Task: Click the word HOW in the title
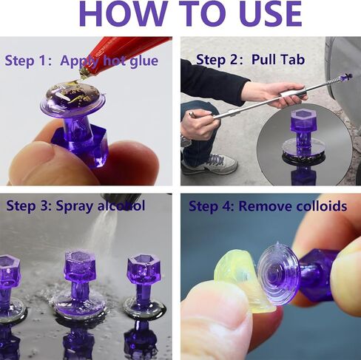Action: coord(123,14)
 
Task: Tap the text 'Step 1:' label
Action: coord(29,61)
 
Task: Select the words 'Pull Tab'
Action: coord(278,60)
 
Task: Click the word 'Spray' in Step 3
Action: coord(75,206)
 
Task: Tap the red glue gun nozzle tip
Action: coord(84,74)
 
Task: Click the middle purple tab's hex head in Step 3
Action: coord(81,267)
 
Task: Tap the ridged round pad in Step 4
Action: coord(280,274)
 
